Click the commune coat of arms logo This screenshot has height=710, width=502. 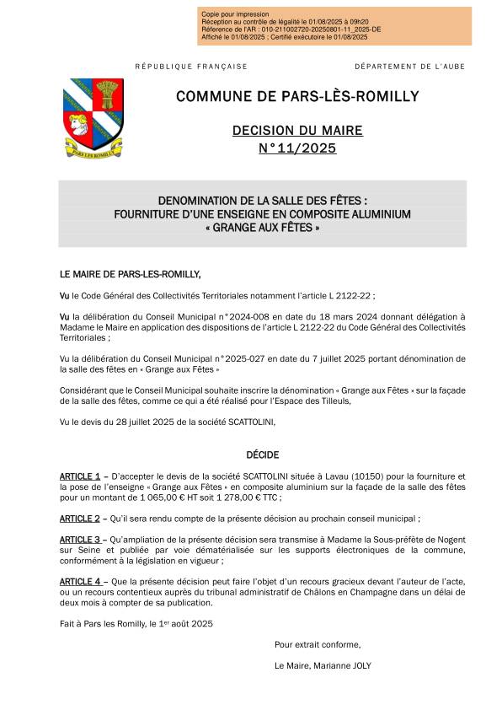[x=93, y=119]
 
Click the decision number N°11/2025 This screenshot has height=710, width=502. [x=297, y=149]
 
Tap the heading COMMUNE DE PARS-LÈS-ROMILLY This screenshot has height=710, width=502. [x=297, y=97]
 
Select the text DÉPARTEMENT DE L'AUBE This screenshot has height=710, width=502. [x=409, y=67]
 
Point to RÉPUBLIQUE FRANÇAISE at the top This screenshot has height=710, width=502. [x=191, y=67]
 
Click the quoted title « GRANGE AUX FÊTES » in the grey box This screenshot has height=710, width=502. [x=262, y=228]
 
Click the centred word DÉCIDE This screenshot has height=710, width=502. [x=262, y=455]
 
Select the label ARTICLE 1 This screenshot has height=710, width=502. [x=80, y=476]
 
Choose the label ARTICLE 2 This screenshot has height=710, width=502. [x=80, y=519]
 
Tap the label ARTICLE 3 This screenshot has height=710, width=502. [x=80, y=539]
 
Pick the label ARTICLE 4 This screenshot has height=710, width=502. [x=80, y=582]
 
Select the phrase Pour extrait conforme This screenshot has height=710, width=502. [x=317, y=644]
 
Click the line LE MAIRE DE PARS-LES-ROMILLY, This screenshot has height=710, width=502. [x=131, y=275]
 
